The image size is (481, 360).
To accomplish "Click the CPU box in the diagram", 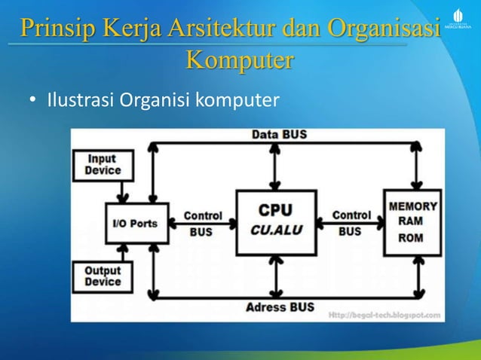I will (x=276, y=221).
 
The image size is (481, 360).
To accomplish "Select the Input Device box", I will (x=103, y=165).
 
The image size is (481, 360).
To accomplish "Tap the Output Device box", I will (x=103, y=276).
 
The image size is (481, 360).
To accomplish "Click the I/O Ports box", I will (x=136, y=223).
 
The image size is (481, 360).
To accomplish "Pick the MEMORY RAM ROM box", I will (x=412, y=222).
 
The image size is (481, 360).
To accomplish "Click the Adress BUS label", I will (x=280, y=307).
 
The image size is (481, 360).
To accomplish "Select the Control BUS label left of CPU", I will (x=203, y=224).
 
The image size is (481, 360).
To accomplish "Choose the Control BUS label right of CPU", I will (x=351, y=224).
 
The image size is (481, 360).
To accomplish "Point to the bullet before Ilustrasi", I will (x=32, y=99).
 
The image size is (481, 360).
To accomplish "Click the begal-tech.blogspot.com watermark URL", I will (x=384, y=313).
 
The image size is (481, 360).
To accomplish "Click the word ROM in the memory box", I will (x=411, y=237).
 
